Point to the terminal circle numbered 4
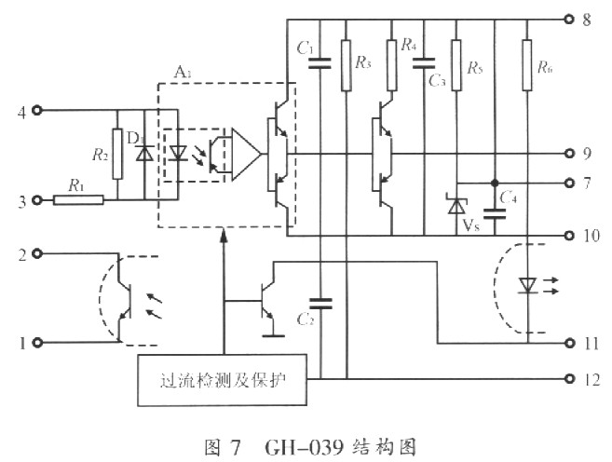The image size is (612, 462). click(x=37, y=111)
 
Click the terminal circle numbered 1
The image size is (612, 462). click(x=37, y=343)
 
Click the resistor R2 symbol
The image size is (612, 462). click(x=117, y=154)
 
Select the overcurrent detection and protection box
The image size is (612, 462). click(x=221, y=380)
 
